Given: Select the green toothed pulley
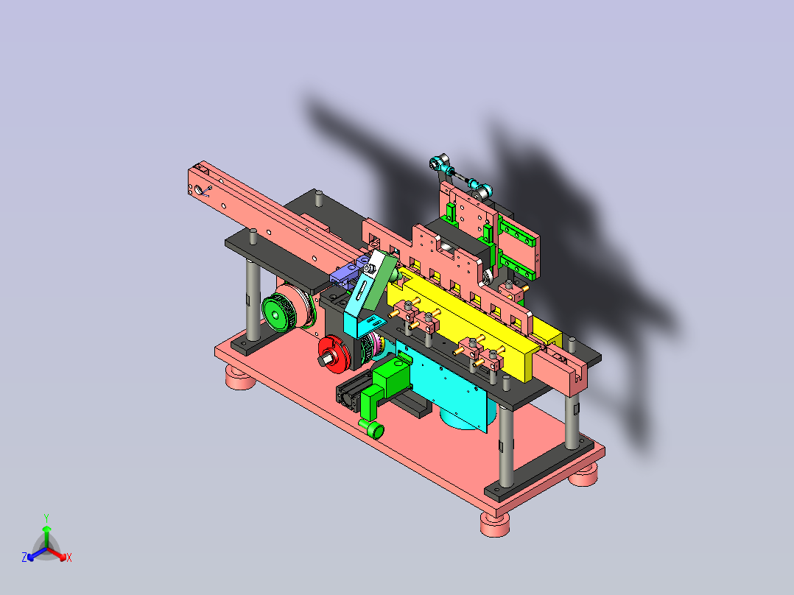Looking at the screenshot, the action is [276, 314].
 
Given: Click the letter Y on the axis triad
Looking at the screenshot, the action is [46, 518].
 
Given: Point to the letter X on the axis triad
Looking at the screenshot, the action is [69, 557].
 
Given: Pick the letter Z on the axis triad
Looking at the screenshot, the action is [24, 557].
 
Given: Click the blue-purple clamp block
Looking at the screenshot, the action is [348, 273].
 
